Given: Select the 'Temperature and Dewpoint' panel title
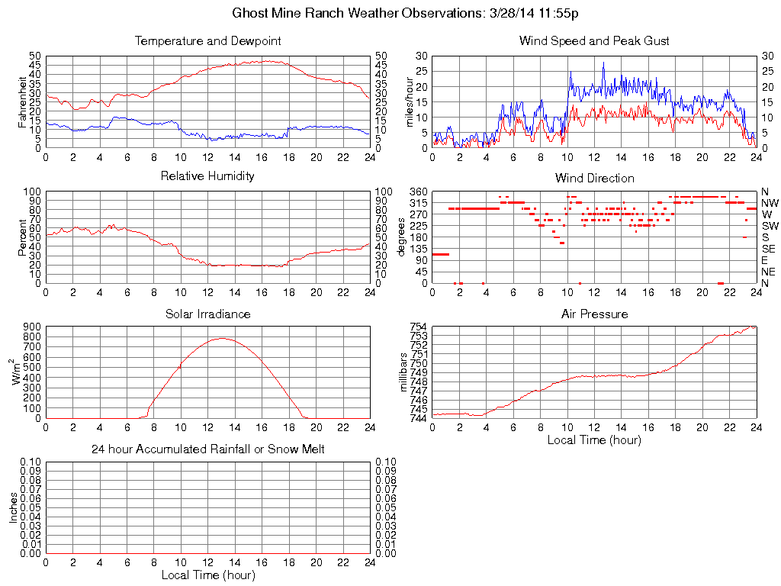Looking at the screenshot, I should [207, 40].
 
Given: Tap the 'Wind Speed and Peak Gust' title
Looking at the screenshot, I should [594, 40].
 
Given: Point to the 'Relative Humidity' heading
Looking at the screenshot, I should [207, 176].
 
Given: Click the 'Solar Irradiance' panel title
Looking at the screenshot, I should [207, 314].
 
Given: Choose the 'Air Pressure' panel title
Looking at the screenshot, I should [594, 314].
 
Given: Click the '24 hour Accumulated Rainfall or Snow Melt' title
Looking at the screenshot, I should [207, 449].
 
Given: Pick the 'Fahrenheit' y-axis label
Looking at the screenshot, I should [22, 101].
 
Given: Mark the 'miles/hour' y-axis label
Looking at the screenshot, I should [410, 101].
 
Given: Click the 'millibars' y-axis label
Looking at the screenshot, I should [405, 372].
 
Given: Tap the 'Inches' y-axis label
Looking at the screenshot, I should [13, 507].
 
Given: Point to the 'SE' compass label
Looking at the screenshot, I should [768, 249].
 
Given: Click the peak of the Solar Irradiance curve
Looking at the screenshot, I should [222, 338].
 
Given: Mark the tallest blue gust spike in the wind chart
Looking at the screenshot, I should [603, 63].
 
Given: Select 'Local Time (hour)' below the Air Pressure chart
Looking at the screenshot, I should [594, 439].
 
